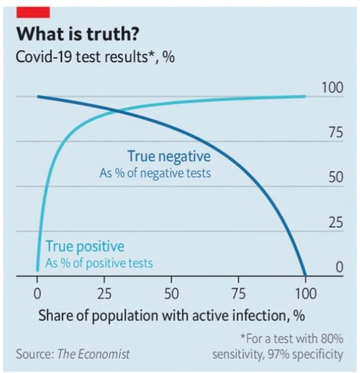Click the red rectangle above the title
(x=32, y=11)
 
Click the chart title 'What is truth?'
(x=78, y=35)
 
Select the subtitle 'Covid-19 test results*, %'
(x=95, y=58)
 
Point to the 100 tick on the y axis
(x=332, y=89)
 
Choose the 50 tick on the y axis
(x=335, y=179)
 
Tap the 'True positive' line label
(x=85, y=246)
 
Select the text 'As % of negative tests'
(x=155, y=174)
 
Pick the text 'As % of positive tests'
(x=99, y=263)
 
